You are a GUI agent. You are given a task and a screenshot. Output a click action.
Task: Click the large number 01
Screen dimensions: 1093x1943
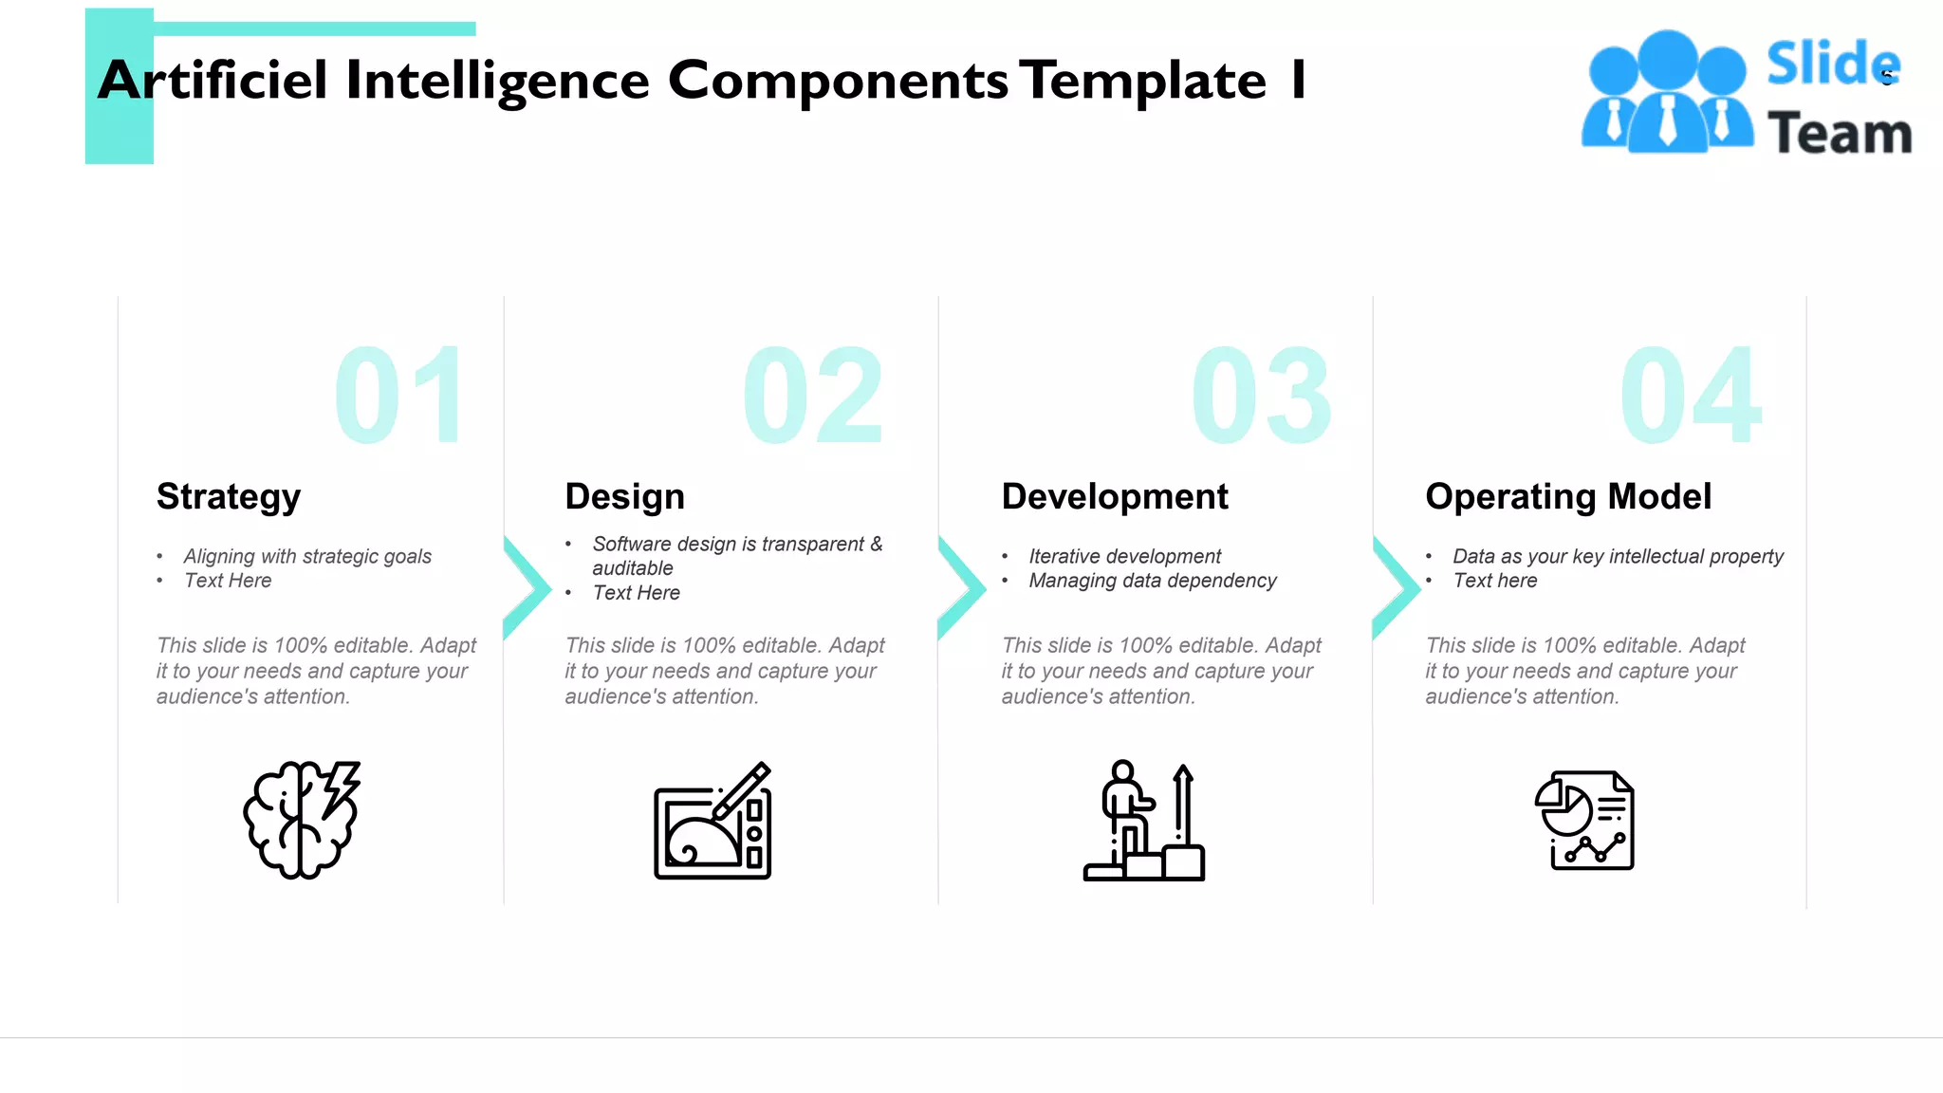pos(399,395)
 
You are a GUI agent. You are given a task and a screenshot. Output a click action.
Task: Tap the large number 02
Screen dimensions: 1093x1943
pos(813,395)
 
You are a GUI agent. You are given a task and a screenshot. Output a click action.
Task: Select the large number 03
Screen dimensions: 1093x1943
pos(1262,395)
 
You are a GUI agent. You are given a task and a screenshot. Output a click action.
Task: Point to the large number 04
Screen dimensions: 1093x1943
pos(1691,395)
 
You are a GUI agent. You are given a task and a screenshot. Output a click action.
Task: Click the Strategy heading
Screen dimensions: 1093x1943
pos(229,496)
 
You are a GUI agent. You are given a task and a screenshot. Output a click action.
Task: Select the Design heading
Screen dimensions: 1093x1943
pos(624,496)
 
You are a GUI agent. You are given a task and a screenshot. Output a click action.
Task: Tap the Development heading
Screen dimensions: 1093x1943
pos(1115,496)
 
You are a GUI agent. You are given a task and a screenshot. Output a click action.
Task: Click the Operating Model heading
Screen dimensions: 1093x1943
pos(1568,496)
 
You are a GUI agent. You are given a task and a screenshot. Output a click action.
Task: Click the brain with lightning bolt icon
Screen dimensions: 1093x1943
pos(302,820)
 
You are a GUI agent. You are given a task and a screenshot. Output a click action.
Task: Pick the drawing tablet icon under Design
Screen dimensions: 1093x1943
pos(712,822)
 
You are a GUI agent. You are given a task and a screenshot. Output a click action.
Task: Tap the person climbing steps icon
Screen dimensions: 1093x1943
pos(1144,822)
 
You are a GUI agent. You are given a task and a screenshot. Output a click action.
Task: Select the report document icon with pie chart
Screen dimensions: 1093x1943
pos(1584,821)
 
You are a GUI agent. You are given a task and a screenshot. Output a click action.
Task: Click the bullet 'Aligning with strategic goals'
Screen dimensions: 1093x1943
pos(307,556)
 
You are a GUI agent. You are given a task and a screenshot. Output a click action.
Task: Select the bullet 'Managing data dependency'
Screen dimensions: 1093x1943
pos(1153,581)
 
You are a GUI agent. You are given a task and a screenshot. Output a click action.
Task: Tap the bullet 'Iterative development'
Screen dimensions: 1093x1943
pos(1125,556)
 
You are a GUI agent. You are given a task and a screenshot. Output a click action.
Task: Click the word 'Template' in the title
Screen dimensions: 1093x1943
pos(1143,81)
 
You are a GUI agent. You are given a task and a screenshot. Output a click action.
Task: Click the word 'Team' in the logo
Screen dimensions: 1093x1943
pos(1839,133)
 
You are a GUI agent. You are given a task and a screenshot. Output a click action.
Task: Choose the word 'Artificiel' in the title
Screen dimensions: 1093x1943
pos(213,81)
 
